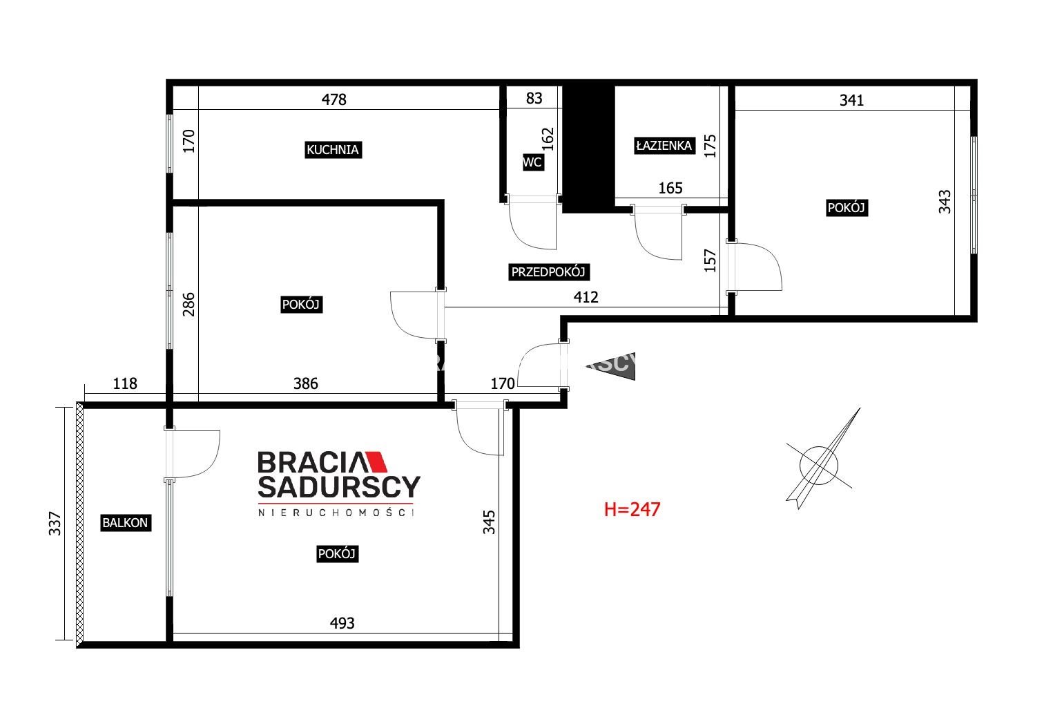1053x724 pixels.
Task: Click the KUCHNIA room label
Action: (x=333, y=150)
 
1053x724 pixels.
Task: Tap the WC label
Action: (x=532, y=162)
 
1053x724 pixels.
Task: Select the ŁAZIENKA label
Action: (x=664, y=146)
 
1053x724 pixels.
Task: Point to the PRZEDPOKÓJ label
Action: (x=548, y=272)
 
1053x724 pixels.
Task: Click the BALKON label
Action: (x=126, y=523)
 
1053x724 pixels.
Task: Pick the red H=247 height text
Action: (x=632, y=509)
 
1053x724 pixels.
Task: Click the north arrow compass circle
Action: (x=818, y=466)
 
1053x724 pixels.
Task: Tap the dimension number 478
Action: (x=334, y=99)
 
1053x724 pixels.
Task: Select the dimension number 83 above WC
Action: (x=534, y=98)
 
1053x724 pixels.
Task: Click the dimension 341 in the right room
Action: (x=851, y=100)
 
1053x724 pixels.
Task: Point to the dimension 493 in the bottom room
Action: (x=342, y=623)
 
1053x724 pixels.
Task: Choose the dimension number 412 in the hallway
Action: (x=586, y=297)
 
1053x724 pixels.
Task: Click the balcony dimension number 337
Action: (x=55, y=524)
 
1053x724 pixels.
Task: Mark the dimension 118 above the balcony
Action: (x=125, y=383)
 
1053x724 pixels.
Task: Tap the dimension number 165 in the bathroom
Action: (x=670, y=188)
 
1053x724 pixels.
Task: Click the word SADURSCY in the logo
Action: (x=339, y=487)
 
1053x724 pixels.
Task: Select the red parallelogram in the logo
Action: (x=376, y=461)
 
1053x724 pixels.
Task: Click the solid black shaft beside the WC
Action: (x=588, y=149)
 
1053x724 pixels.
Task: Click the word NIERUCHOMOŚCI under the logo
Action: (x=336, y=513)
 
